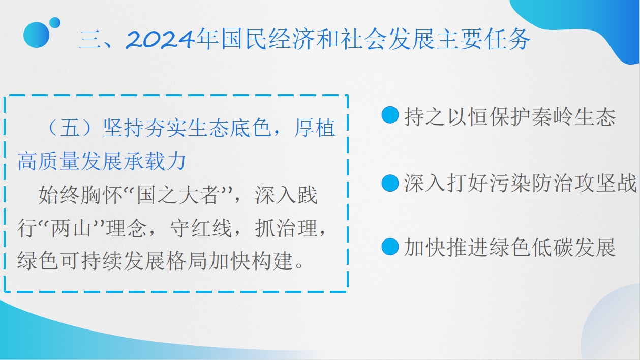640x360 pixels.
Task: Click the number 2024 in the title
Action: tap(161, 39)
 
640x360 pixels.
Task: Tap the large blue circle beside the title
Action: tap(36, 35)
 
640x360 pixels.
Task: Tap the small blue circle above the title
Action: tap(55, 23)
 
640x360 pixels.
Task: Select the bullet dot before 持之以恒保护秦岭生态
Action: tap(390, 115)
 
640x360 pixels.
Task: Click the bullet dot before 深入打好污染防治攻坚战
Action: tap(390, 183)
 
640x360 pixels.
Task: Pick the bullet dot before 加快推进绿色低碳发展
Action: tap(390, 247)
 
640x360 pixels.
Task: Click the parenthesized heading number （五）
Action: tap(70, 128)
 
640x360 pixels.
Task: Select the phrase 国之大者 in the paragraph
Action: tap(178, 195)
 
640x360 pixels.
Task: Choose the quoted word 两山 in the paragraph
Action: tap(71, 228)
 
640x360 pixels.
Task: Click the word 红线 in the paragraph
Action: tap(211, 228)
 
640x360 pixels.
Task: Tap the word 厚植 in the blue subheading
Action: tap(315, 128)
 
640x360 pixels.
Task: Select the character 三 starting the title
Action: tap(89, 40)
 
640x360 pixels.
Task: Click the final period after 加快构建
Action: tap(299, 266)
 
